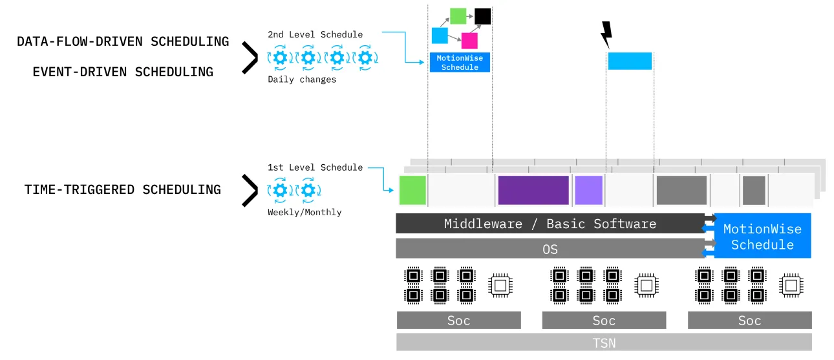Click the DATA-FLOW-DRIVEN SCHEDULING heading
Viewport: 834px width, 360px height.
click(123, 42)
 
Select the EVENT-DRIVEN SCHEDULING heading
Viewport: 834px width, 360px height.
click(123, 72)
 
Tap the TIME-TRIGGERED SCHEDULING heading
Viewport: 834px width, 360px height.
click(123, 189)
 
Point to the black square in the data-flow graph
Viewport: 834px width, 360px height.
click(482, 16)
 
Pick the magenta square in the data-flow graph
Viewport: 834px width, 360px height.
click(469, 41)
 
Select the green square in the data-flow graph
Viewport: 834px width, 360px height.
click(458, 16)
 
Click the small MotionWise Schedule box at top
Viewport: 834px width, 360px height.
click(460, 63)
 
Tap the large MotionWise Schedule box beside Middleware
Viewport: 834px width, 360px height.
click(762, 237)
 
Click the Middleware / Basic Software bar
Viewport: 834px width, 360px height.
click(550, 224)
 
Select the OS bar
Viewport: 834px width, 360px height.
click(550, 249)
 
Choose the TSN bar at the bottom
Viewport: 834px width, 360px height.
click(604, 343)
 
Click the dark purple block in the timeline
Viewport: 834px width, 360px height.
click(533, 190)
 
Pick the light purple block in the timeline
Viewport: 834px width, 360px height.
click(588, 190)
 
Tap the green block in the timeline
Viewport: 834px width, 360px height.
click(412, 190)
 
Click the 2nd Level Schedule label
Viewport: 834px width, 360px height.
click(315, 34)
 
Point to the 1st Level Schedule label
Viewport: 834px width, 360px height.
click(315, 167)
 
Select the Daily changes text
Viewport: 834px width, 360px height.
click(302, 79)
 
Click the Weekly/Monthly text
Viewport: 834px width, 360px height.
click(305, 212)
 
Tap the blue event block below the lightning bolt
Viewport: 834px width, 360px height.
click(630, 61)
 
